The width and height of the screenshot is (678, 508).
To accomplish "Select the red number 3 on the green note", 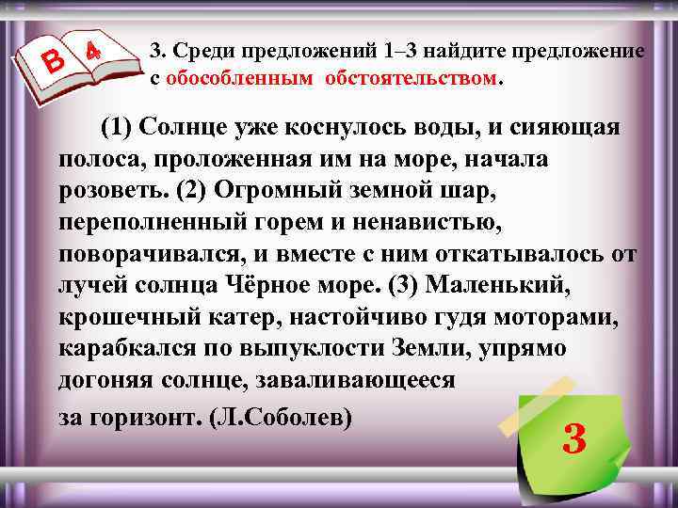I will (573, 437).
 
